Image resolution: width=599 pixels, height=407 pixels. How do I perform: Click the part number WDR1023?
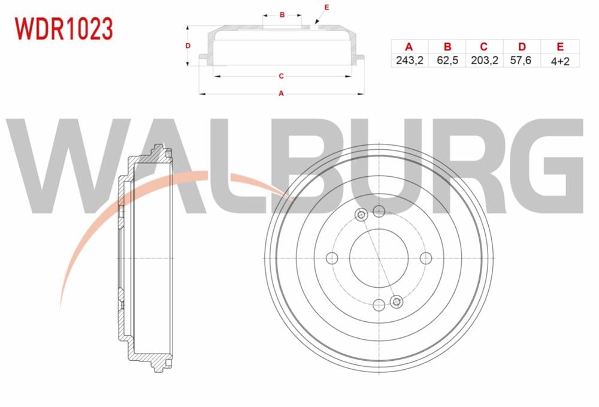pyautogui.click(x=63, y=28)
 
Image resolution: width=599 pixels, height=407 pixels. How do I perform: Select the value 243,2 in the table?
pyautogui.click(x=410, y=61)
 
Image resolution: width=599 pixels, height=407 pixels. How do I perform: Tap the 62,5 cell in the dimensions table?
pyautogui.click(x=447, y=61)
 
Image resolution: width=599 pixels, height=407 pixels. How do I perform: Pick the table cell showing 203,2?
pyautogui.click(x=485, y=61)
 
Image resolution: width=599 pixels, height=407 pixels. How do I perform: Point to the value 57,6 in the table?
pyautogui.click(x=522, y=61)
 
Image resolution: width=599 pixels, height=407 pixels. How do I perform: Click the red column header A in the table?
pyautogui.click(x=410, y=47)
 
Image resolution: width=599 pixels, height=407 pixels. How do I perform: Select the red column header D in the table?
pyautogui.click(x=522, y=47)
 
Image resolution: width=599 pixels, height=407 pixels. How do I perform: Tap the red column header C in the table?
pyautogui.click(x=485, y=47)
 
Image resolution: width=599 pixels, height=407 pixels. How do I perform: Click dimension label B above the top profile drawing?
pyautogui.click(x=281, y=14)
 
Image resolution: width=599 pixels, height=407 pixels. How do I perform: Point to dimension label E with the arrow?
pyautogui.click(x=326, y=7)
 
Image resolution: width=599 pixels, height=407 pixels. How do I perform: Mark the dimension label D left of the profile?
pyautogui.click(x=187, y=46)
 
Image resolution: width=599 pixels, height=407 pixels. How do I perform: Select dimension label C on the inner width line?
pyautogui.click(x=280, y=76)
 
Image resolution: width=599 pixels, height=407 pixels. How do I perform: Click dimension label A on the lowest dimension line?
pyautogui.click(x=280, y=94)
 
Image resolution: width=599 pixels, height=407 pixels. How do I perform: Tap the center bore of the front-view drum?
pyautogui.click(x=379, y=258)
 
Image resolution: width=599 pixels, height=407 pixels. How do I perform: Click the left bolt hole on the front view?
pyautogui.click(x=332, y=258)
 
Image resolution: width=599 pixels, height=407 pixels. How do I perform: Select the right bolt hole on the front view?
pyautogui.click(x=425, y=258)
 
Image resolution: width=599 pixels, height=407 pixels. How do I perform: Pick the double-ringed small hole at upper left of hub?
pyautogui.click(x=361, y=216)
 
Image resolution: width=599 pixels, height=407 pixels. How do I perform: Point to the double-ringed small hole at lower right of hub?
pyautogui.click(x=396, y=301)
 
